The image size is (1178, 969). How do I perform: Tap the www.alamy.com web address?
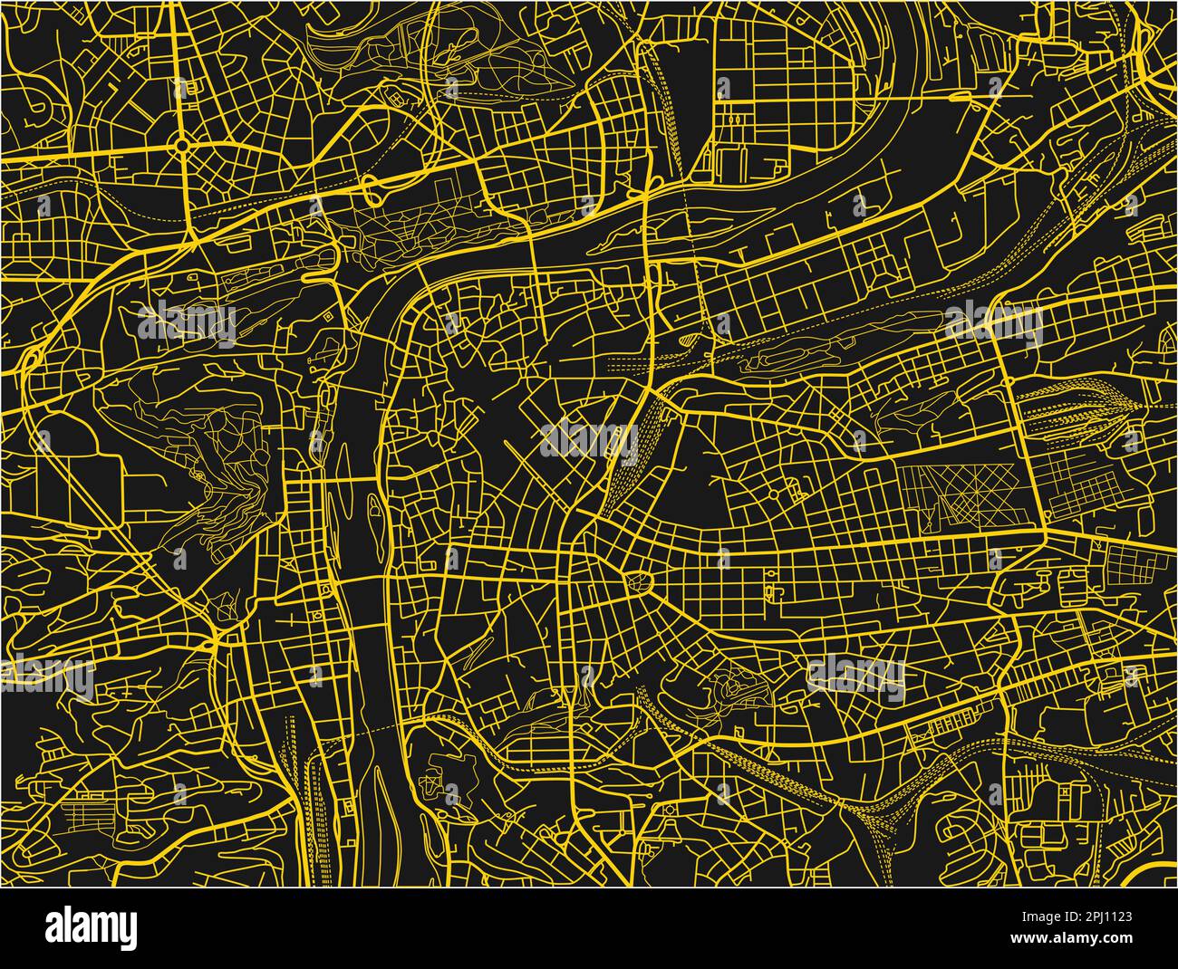click(x=1083, y=942)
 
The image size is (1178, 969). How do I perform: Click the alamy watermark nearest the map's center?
click(x=589, y=440)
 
